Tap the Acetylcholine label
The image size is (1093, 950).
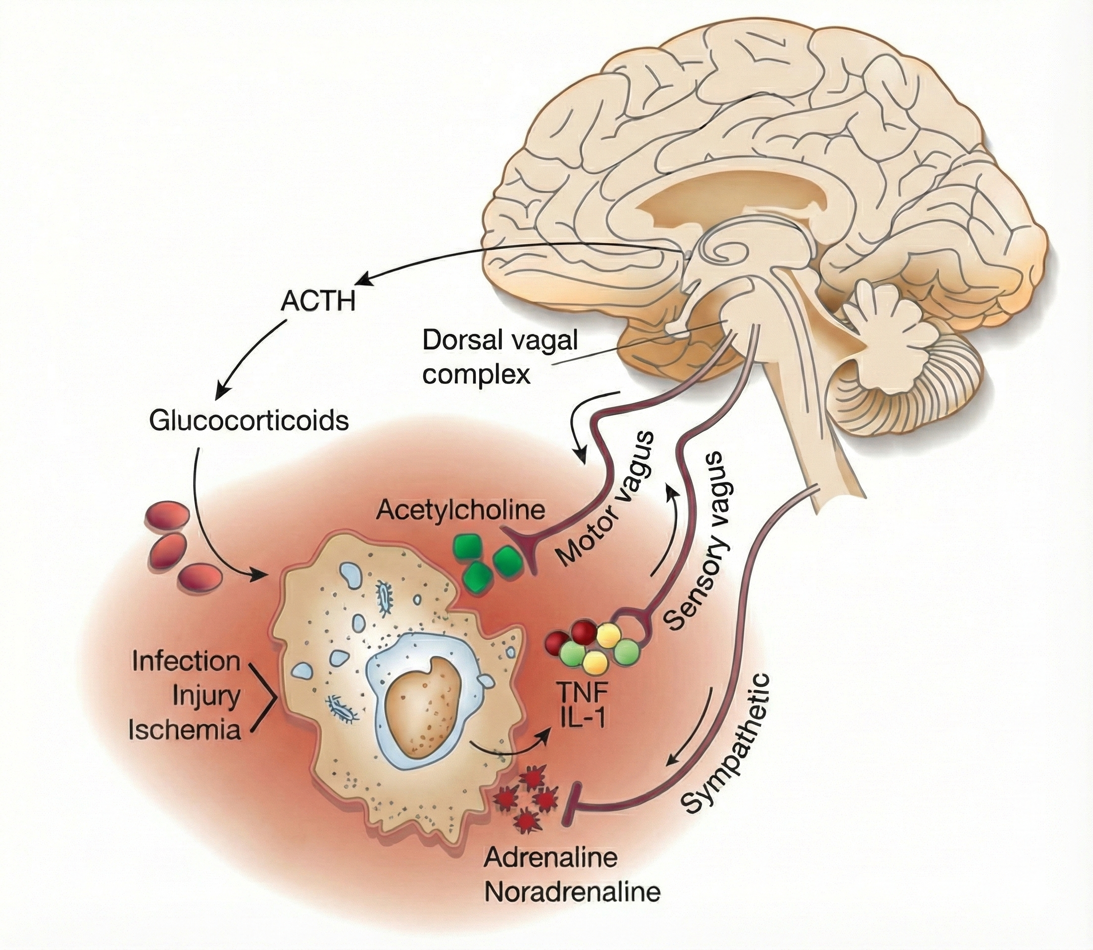(x=460, y=511)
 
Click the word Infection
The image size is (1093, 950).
(x=186, y=662)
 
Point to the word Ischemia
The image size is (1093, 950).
(x=185, y=730)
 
